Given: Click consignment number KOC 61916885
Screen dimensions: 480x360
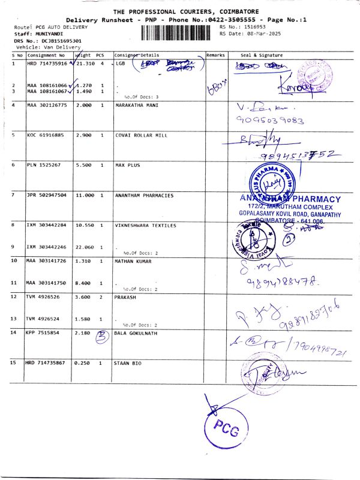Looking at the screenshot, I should pyautogui.click(x=47, y=136).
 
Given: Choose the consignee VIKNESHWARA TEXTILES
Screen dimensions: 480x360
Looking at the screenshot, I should pyautogui.click(x=146, y=226).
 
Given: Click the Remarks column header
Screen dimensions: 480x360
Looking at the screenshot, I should pyautogui.click(x=215, y=55).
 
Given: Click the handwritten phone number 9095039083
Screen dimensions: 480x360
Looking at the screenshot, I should pyautogui.click(x=270, y=120).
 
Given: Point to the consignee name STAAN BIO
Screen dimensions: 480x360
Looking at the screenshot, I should pyautogui.click(x=128, y=364).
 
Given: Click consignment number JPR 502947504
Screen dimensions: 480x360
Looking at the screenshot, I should pyautogui.click(x=49, y=196).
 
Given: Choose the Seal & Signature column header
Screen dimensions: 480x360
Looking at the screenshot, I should pyautogui.click(x=262, y=55).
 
